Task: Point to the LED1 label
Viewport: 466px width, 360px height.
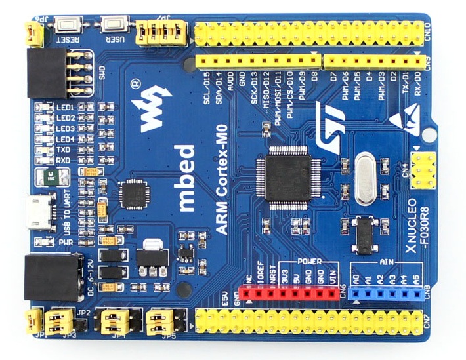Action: [65, 106]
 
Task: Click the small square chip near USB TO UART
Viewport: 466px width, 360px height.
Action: [136, 193]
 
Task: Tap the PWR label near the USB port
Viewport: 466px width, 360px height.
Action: [65, 242]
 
